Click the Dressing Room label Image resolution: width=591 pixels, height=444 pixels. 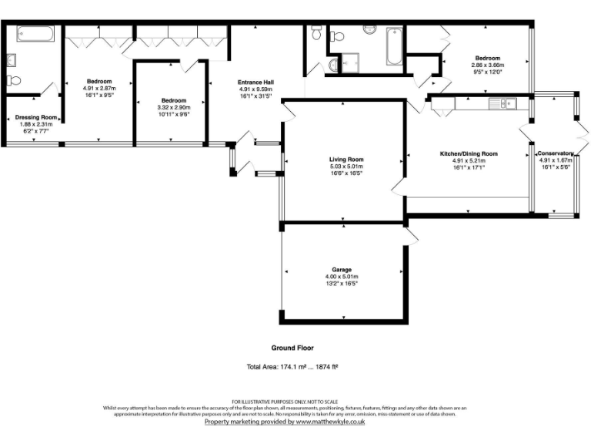pos(33,118)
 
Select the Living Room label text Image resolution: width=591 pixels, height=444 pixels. pos(346,159)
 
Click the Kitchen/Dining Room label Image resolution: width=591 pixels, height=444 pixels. pos(469,154)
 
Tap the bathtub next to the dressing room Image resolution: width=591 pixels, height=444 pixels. pos(35,34)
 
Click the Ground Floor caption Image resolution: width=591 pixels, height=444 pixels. pos(293,348)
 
